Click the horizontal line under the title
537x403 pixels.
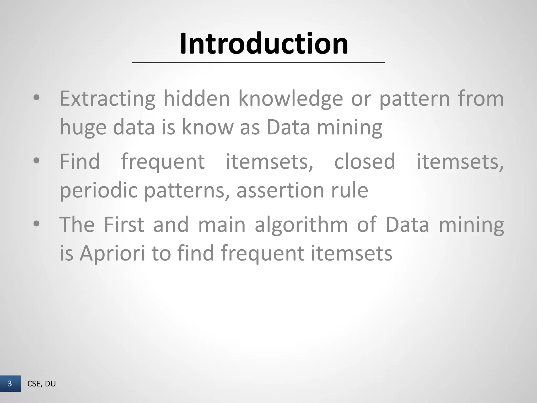(x=258, y=63)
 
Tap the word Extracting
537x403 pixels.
(x=108, y=99)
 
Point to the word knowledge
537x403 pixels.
(x=291, y=99)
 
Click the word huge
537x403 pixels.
(x=83, y=128)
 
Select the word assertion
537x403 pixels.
(x=280, y=190)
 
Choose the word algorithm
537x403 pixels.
(x=301, y=225)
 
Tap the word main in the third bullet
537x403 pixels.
(x=222, y=225)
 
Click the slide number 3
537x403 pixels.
(x=10, y=384)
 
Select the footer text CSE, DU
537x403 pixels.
(x=41, y=384)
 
